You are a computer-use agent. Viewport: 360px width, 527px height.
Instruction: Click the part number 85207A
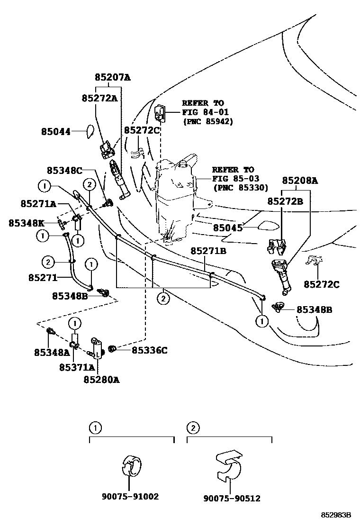point(112,77)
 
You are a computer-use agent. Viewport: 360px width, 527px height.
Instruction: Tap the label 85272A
point(99,98)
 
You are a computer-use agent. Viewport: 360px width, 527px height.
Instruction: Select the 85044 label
point(55,131)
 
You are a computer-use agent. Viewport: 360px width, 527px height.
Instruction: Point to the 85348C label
point(64,170)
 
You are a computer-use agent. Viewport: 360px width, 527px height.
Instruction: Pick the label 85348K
point(26,222)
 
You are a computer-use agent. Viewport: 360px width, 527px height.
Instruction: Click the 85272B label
point(286,201)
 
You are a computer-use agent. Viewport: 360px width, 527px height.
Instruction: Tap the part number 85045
point(227,228)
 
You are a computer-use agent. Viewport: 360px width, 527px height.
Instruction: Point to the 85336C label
point(149,350)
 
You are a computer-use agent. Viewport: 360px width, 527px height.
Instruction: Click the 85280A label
point(101,379)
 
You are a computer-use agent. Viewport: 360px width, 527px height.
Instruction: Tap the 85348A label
point(52,352)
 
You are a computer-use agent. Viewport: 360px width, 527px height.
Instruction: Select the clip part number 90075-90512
point(232,498)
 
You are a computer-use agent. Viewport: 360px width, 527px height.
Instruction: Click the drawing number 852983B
point(336,515)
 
